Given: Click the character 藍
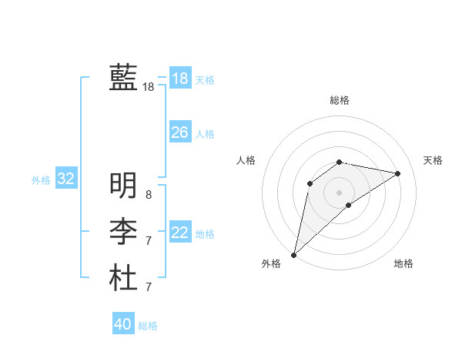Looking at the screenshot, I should tap(123, 78).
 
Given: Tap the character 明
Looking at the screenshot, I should tap(123, 185).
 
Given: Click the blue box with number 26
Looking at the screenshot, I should tap(179, 132).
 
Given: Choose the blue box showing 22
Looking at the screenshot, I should tap(179, 233).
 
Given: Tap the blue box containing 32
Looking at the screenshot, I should tap(66, 179).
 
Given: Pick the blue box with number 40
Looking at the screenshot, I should tap(123, 324).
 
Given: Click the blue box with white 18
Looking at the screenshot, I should tap(179, 79).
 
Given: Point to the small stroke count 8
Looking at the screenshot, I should tap(148, 195).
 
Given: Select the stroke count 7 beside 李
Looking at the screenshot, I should tap(148, 241).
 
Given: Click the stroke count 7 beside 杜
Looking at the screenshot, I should tap(148, 287).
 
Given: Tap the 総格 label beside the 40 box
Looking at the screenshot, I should tap(148, 326).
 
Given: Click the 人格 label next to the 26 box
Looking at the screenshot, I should tap(205, 134).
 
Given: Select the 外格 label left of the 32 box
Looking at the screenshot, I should tap(41, 180).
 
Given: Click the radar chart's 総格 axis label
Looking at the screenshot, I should tap(339, 100).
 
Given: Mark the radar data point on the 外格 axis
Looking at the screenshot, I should tap(294, 254).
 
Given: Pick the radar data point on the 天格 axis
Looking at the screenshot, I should tap(398, 173).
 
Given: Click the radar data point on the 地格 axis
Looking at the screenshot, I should tap(349, 205).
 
